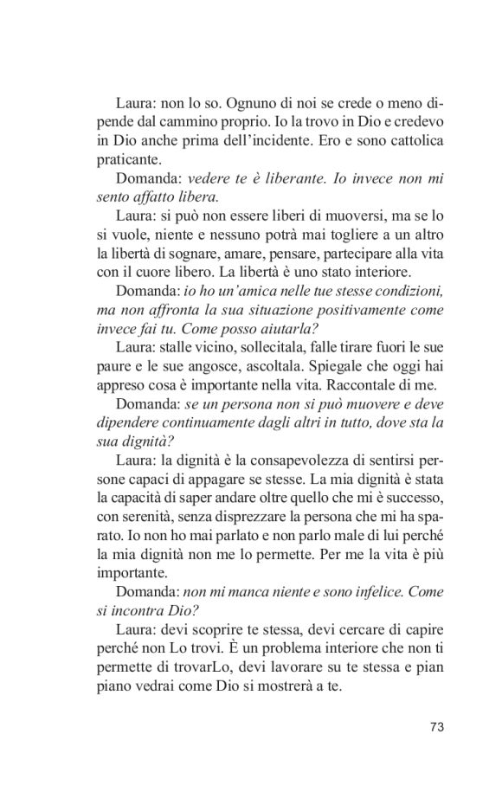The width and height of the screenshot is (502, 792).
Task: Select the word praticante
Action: pyautogui.click(x=126, y=160)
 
